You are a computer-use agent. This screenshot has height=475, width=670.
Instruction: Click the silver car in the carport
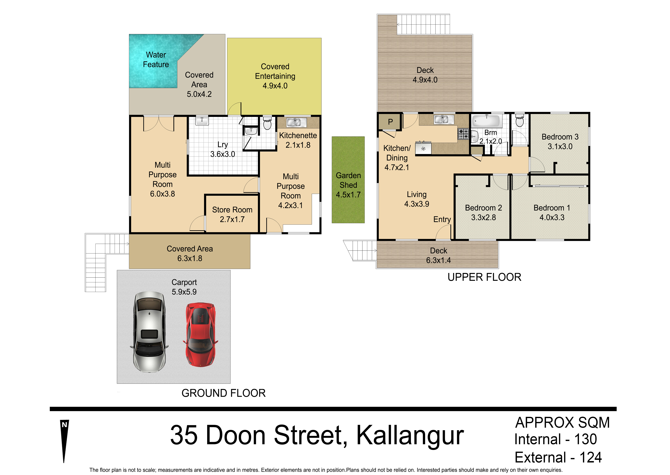pyautogui.click(x=149, y=332)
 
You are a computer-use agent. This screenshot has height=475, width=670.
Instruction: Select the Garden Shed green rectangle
pyautogui.click(x=348, y=180)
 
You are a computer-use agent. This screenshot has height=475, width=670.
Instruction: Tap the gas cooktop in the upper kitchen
pyautogui.click(x=463, y=134)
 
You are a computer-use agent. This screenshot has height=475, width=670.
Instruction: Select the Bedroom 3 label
pyautogui.click(x=560, y=137)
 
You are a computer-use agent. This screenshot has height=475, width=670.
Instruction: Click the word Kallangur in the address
pyautogui.click(x=410, y=435)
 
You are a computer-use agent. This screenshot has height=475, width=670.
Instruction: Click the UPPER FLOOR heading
pyautogui.click(x=484, y=277)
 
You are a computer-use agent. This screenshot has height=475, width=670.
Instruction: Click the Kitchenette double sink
pyautogui.click(x=296, y=122)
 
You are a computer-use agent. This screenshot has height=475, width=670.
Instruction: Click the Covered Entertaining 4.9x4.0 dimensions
pyautogui.click(x=275, y=86)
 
